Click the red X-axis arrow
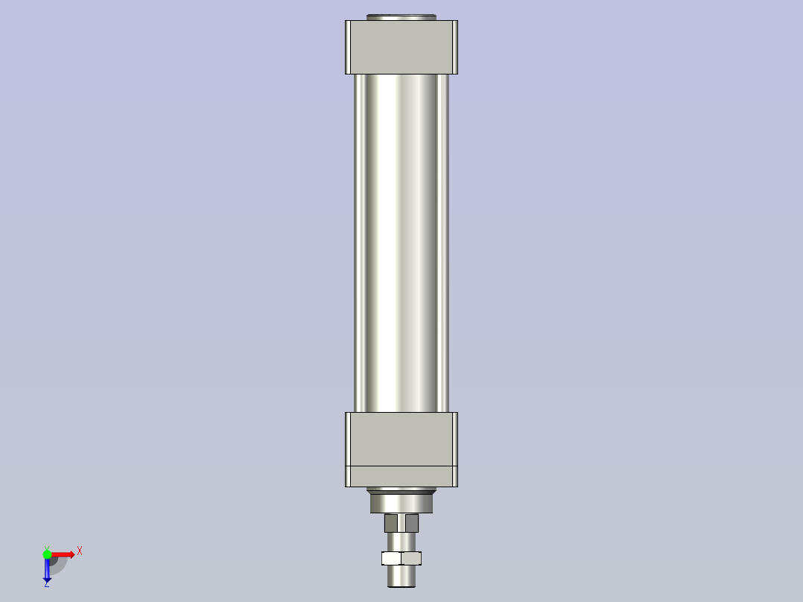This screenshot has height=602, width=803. point(63,554)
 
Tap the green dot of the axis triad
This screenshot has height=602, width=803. point(47,554)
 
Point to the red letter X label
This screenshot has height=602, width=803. point(79,551)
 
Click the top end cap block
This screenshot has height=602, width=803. point(401,47)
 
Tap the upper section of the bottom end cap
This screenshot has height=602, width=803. point(401,438)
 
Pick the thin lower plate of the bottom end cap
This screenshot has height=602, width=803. point(401,475)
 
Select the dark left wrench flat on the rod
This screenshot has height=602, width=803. point(391,523)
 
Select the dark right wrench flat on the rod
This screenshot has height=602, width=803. point(412,523)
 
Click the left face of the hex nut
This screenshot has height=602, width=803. point(391,558)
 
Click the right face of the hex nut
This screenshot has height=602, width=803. point(411,558)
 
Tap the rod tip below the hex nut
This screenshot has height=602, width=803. point(401,576)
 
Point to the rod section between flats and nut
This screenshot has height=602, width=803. point(401,542)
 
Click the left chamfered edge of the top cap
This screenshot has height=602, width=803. point(349,47)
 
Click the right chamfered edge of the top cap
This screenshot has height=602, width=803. point(454,47)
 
